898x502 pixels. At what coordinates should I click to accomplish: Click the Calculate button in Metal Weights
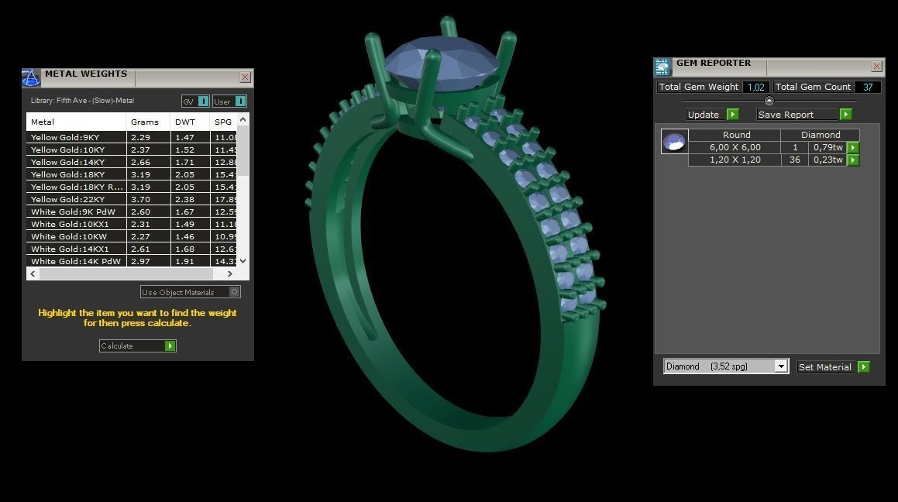coord(137,346)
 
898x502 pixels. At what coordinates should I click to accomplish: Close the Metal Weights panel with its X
coord(245,77)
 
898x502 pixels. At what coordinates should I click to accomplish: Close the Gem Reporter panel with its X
coord(876,67)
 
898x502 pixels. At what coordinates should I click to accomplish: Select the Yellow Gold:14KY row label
coord(67,162)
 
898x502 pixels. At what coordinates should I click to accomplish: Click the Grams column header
coord(145,122)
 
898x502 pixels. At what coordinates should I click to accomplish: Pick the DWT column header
coord(185,122)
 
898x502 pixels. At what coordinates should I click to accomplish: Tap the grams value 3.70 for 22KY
coord(140,199)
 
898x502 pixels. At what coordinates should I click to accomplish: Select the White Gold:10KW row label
coord(68,236)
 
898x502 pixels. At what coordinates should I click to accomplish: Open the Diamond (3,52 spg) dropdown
coord(781,366)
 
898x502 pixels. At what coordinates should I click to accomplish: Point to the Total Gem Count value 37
coord(867,87)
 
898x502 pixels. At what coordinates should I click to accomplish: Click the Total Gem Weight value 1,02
coord(755,87)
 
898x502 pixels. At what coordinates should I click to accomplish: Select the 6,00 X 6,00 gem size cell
coord(735,147)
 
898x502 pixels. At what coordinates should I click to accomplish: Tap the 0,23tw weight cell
coord(827,160)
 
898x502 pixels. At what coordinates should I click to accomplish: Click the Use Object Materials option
coord(190,292)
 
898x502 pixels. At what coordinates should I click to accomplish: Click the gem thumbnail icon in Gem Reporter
coord(674,142)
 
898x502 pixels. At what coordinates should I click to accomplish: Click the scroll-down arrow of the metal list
coord(243,261)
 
